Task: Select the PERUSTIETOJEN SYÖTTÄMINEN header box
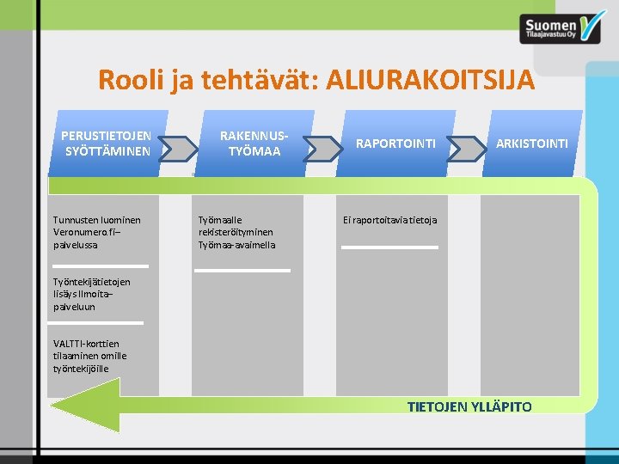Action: point(107,143)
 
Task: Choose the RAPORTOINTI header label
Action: point(396,143)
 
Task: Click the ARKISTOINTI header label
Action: point(531,143)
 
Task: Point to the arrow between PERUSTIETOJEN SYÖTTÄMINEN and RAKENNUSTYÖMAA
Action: point(179,150)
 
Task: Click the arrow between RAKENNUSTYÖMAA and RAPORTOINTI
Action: point(323,150)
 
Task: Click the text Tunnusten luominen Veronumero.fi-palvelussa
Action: point(97,232)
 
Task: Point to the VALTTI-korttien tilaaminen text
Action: point(90,357)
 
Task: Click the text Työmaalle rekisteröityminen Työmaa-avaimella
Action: point(237,232)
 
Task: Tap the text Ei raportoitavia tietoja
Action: point(390,220)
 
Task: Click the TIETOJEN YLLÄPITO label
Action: point(469,406)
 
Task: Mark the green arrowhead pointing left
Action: point(86,403)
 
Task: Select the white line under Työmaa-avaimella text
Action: point(242,271)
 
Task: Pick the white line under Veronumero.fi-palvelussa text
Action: point(101,266)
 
